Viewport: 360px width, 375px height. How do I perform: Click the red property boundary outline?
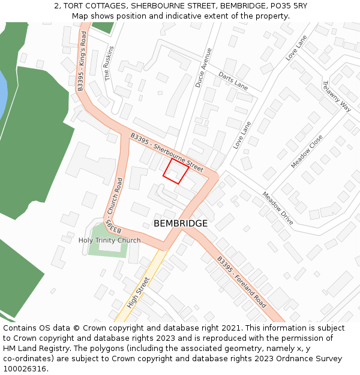pyautogui.click(x=176, y=170)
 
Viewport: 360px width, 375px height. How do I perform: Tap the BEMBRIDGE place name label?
pyautogui.click(x=181, y=223)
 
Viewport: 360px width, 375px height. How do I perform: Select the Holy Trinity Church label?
pyautogui.click(x=109, y=241)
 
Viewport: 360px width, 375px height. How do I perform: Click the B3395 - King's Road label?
pyautogui.click(x=82, y=61)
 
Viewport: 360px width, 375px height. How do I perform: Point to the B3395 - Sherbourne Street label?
pyautogui.click(x=167, y=151)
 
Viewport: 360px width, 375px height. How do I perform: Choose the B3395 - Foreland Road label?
pyautogui.click(x=241, y=282)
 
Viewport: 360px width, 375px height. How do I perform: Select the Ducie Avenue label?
pyautogui.click(x=203, y=68)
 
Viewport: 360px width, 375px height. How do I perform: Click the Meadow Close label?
pyautogui.click(x=307, y=151)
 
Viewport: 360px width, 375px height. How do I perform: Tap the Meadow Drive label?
pyautogui.click(x=277, y=208)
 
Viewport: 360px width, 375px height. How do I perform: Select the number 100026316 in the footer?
pyautogui.click(x=25, y=369)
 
